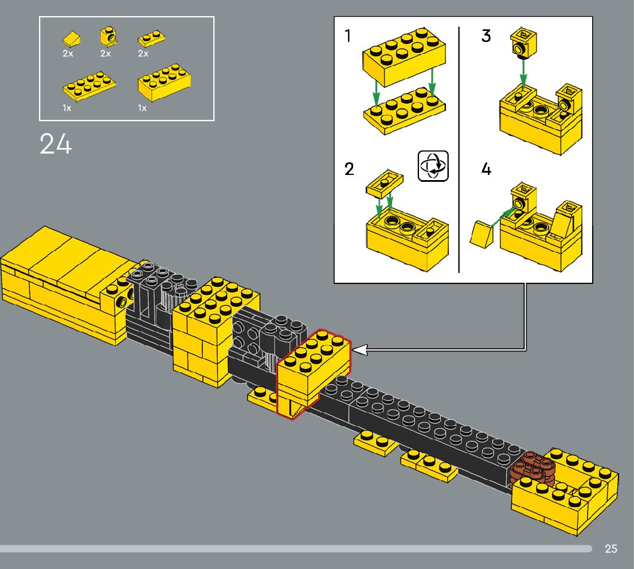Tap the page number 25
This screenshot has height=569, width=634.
pos(610,549)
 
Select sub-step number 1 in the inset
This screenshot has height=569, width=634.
pos(348,36)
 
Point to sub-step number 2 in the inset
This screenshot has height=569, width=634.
pos(349,170)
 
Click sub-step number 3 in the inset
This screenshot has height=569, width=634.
pos(486,36)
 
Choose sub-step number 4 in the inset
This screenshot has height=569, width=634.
pos(486,170)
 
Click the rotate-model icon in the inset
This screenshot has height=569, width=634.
pos(433,166)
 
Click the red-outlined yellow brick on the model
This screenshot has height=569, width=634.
pos(313,367)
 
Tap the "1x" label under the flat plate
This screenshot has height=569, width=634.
pos(68,108)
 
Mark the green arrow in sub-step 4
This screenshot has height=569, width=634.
pos(502,217)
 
